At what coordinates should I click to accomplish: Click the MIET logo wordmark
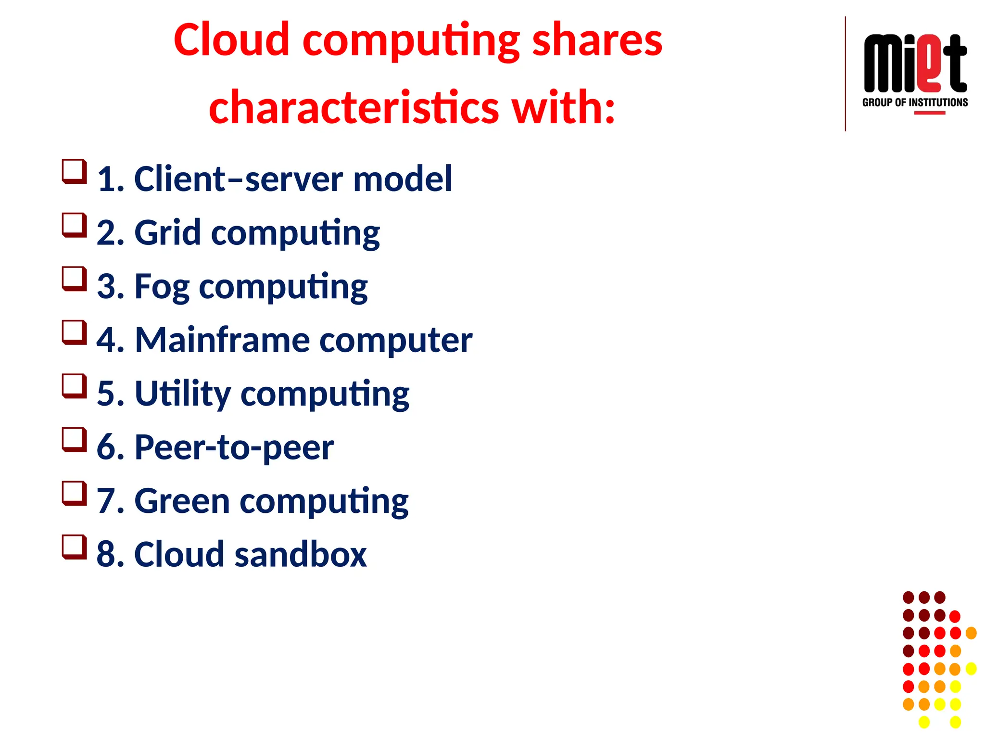[915, 64]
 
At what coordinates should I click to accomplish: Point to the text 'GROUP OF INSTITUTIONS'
[915, 102]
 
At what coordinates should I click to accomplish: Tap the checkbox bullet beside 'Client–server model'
[74, 171]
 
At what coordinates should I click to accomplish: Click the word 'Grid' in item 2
[167, 233]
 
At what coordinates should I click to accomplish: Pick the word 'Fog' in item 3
[162, 287]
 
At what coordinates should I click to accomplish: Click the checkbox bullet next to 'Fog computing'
[74, 279]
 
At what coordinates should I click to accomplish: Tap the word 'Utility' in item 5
[183, 394]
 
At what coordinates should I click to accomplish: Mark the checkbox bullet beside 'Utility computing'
[74, 386]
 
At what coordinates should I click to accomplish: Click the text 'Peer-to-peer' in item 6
[234, 447]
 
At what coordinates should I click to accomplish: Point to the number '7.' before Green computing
[110, 501]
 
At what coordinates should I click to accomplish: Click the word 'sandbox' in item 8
[300, 555]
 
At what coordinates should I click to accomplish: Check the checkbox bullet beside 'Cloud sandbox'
[74, 547]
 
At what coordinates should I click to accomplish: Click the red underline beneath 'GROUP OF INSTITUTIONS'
[929, 113]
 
